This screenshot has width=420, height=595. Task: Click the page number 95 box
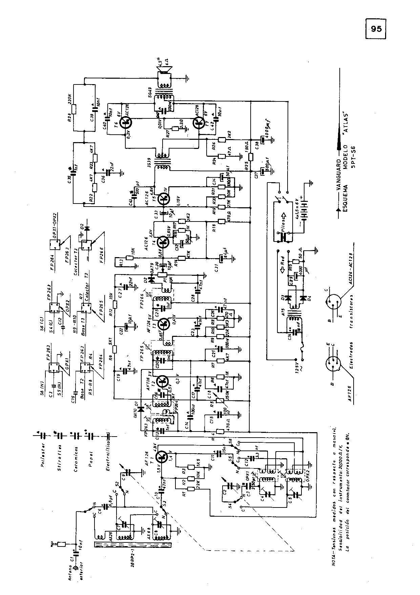(376, 29)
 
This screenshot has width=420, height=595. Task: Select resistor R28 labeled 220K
(74, 109)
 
